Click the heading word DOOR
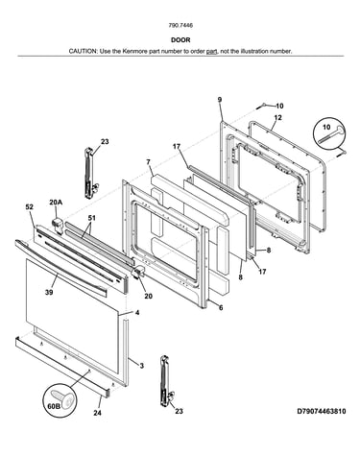coord(180,40)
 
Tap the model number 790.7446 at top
coord(180,25)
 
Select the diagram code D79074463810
coord(322,411)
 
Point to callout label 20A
coord(56,202)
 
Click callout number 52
coord(29,207)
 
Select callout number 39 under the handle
coord(49,292)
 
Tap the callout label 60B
coord(54,406)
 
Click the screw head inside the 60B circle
coord(63,397)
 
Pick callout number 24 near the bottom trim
coord(97,413)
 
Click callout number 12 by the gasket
coord(278,118)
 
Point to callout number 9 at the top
coord(220,100)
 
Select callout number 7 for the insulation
coord(148,162)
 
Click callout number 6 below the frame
coord(221,308)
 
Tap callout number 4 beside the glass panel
coord(137,312)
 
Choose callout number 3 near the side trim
coord(142,366)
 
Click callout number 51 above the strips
coord(92,218)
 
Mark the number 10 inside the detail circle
coord(326,127)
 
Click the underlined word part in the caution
coord(212,51)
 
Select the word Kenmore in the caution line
coord(134,51)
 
